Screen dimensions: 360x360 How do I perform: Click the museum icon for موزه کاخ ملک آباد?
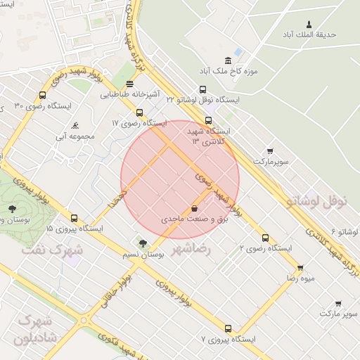click(x=228, y=60)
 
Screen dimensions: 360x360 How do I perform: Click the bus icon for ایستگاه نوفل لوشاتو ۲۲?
click(x=202, y=89)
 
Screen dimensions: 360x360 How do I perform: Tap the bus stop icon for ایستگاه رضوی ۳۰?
click(x=43, y=95)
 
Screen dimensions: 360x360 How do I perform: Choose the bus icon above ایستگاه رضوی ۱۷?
click(x=139, y=112)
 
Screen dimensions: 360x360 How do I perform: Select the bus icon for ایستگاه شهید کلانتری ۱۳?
click(x=208, y=120)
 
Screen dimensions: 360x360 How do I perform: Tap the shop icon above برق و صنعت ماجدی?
click(x=194, y=208)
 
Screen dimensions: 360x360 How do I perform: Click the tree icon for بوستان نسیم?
click(x=143, y=243)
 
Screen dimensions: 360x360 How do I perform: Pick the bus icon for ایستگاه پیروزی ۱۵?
click(x=75, y=219)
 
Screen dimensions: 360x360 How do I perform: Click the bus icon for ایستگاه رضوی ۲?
click(x=265, y=238)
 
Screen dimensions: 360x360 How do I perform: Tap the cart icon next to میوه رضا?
click(x=300, y=267)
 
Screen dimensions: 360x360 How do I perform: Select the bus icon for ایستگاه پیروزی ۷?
click(x=228, y=328)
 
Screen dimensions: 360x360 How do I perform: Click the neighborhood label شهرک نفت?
click(x=51, y=250)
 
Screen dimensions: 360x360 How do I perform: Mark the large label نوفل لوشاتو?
click(x=316, y=202)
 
